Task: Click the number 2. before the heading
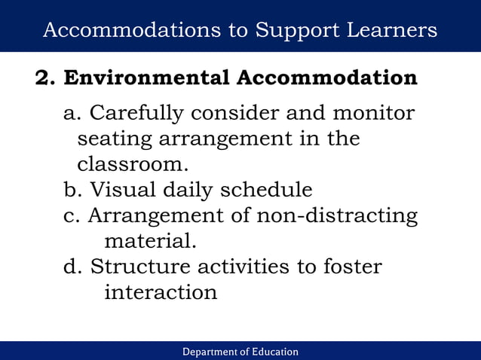46,78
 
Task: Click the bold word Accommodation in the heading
326,78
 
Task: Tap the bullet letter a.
72,114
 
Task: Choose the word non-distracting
337,215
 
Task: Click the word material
149,242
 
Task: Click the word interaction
161,292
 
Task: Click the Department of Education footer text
240,352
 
